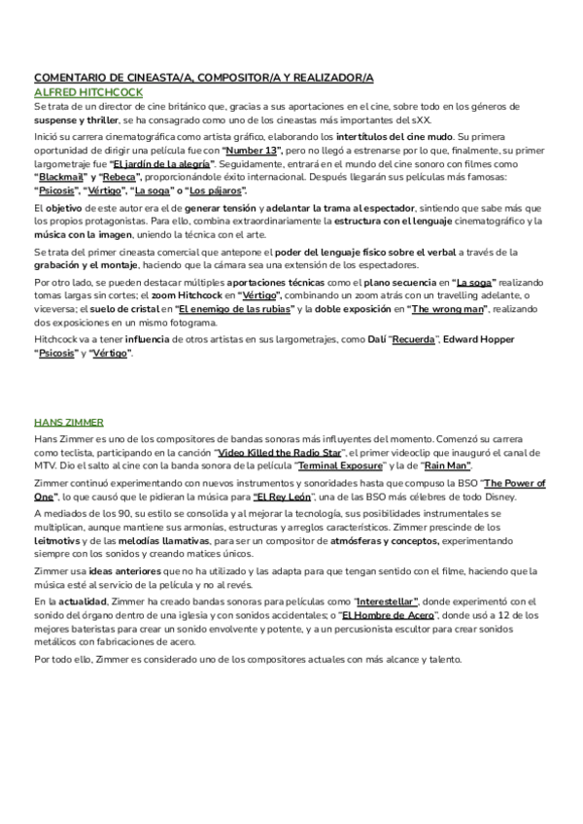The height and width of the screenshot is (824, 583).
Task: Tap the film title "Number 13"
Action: [x=253, y=152]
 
